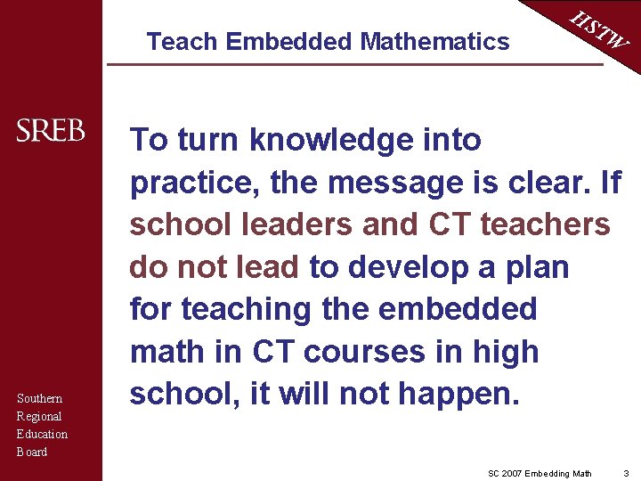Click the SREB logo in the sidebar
point(51,131)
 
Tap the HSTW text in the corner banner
point(600,30)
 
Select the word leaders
point(294,224)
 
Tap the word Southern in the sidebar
point(39,398)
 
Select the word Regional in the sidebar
point(39,416)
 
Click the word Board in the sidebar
point(32,452)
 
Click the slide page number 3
point(626,472)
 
